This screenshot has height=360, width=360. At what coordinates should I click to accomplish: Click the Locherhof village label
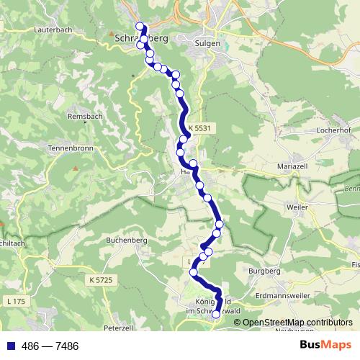[x=333, y=131]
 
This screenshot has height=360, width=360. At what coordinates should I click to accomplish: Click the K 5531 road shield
[x=199, y=128]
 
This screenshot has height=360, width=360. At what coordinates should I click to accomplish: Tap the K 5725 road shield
[x=103, y=279]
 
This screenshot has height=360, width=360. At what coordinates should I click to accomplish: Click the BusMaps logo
[x=326, y=345]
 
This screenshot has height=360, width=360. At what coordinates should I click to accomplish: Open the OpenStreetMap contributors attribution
[x=297, y=323]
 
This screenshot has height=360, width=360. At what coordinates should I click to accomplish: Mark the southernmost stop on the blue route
[x=215, y=314]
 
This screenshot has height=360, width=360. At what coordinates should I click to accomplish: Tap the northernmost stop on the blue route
[x=140, y=27]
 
